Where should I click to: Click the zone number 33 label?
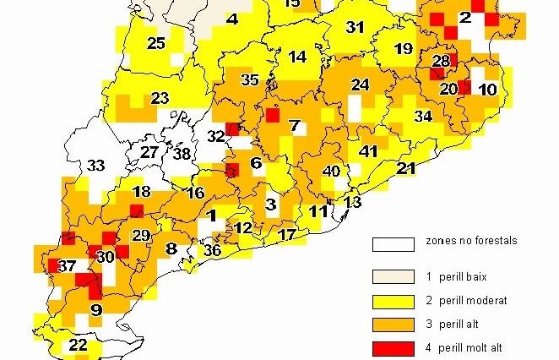coord(96,166)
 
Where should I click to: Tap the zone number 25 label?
coord(156,43)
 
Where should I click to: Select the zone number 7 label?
coord(294,127)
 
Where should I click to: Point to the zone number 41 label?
coord(367,152)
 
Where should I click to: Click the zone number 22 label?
coord(78,345)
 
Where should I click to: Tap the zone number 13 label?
coord(352,202)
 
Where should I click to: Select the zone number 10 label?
coord(487,89)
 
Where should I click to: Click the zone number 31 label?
coord(355,28)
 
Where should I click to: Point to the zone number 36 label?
coord(213,250)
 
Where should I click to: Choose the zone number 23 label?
coord(160,98)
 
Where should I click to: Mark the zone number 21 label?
coord(406,169)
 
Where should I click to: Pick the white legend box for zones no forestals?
coord(393,245)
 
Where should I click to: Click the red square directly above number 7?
coord(273,115)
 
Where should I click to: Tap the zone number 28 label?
coord(441,61)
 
